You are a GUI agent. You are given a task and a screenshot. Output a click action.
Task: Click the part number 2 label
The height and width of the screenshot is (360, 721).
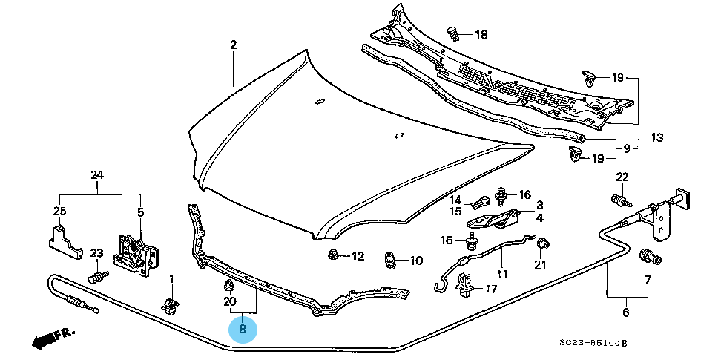click(233, 45)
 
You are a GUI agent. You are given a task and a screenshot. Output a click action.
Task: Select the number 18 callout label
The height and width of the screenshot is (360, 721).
click(481, 34)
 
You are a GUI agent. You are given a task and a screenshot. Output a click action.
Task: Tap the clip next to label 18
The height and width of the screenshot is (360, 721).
click(453, 32)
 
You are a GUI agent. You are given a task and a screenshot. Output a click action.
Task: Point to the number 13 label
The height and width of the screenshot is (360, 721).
click(656, 137)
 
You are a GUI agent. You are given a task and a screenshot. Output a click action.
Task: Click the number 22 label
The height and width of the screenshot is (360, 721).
click(622, 176)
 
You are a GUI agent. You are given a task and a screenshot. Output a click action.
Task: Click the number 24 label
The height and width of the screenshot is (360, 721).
click(97, 175)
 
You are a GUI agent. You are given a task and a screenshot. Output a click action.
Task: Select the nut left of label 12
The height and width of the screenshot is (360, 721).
click(333, 256)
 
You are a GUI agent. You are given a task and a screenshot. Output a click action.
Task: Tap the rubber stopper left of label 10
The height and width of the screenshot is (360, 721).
click(386, 261)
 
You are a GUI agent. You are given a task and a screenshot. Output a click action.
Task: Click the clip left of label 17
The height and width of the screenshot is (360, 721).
click(465, 284)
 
